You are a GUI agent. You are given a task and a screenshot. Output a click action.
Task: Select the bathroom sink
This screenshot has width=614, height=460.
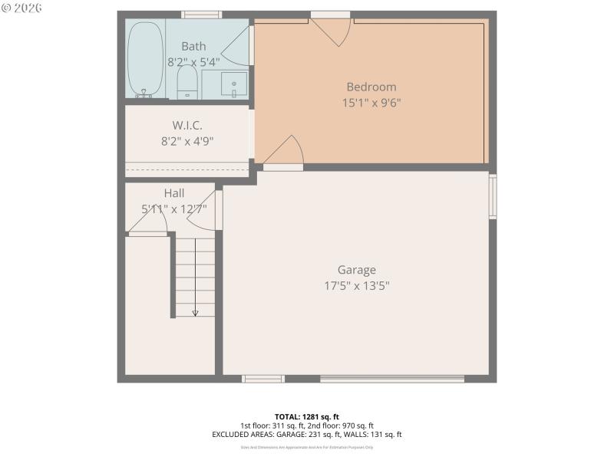234,83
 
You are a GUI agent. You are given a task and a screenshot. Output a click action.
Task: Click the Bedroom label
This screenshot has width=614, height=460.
371,87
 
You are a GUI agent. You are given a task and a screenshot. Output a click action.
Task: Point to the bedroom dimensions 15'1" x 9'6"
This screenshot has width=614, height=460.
371,102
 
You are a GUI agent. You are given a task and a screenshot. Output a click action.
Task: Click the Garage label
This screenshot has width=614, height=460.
356,270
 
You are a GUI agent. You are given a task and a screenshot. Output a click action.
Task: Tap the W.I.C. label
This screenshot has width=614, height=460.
187,125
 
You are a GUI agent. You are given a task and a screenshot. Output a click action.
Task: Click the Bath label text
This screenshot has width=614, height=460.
193,47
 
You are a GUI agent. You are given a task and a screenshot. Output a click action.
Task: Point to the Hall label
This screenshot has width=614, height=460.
174,193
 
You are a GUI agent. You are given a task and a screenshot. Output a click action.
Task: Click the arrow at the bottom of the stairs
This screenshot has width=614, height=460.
195,311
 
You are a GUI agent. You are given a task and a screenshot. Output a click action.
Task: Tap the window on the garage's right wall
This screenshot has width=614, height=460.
493,197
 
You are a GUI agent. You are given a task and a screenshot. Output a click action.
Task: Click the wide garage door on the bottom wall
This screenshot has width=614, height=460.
392,378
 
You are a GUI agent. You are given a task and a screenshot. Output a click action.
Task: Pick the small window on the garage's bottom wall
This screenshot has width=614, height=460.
263,378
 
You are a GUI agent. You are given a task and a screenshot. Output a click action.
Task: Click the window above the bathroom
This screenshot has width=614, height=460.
201,15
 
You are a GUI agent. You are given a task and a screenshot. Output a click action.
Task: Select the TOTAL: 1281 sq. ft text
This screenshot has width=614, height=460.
306,416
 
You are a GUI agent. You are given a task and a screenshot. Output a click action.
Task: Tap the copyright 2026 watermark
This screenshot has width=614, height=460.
22,8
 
